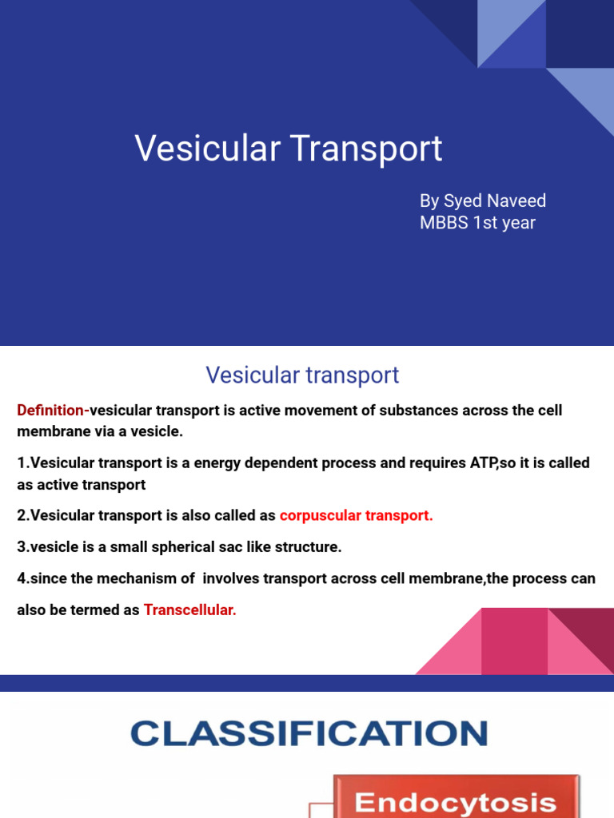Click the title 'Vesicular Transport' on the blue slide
pyautogui.click(x=288, y=149)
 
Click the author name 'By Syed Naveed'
pyautogui.click(x=483, y=201)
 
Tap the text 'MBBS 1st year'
pyautogui.click(x=477, y=223)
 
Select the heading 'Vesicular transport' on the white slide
pyautogui.click(x=302, y=375)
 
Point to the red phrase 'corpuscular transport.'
pyautogui.click(x=356, y=515)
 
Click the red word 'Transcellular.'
pyautogui.click(x=190, y=610)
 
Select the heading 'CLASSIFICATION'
pyautogui.click(x=309, y=733)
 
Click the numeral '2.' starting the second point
pyautogui.click(x=22, y=515)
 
